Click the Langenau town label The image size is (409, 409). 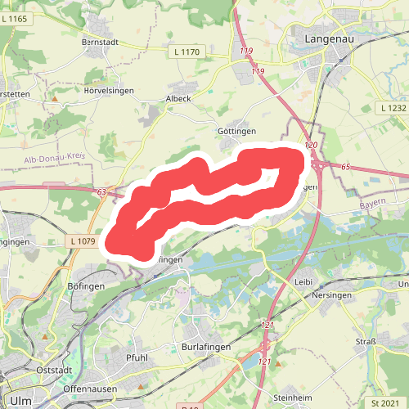(x=328, y=38)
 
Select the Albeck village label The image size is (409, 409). (x=178, y=97)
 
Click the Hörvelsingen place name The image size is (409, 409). (x=108, y=90)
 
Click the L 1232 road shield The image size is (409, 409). (x=393, y=108)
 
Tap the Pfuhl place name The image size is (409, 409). (x=137, y=357)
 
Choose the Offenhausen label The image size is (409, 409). (x=92, y=389)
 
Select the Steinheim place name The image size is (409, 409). (x=292, y=398)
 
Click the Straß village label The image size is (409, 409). (x=365, y=342)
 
